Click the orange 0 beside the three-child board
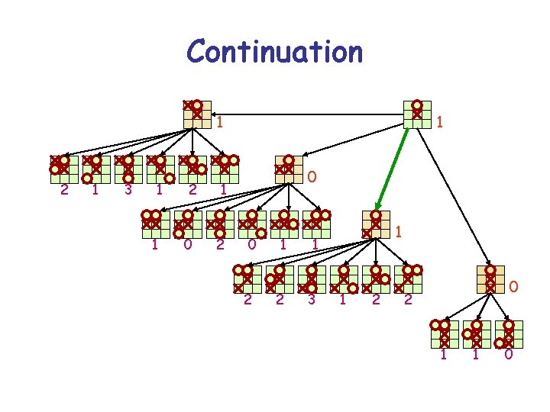click(x=514, y=288)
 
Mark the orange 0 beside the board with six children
click(x=311, y=177)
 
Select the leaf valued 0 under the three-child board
click(x=509, y=332)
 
